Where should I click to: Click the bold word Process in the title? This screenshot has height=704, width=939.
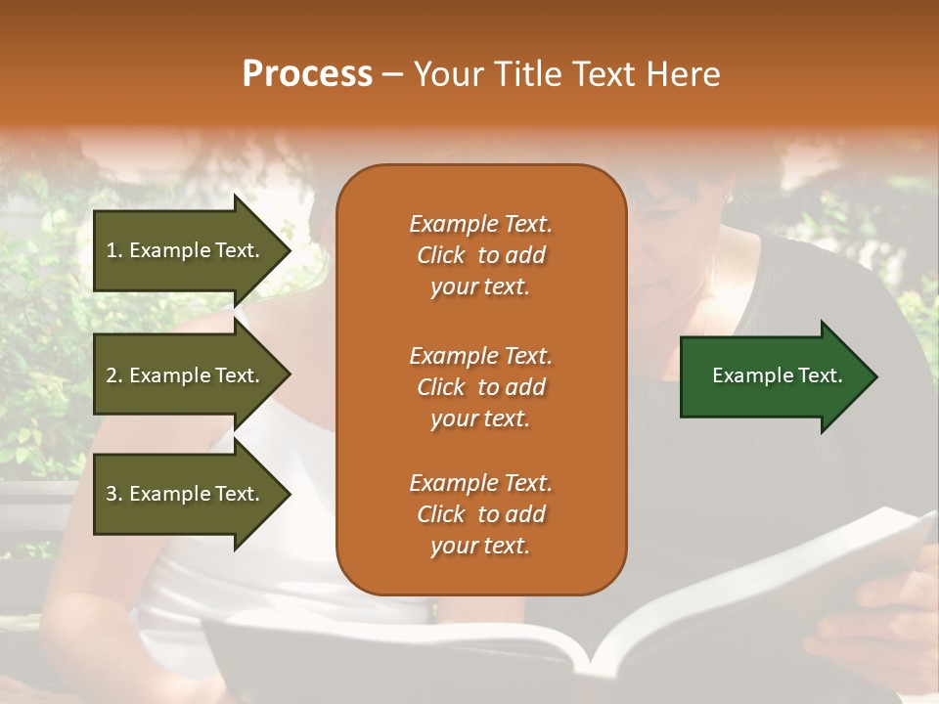(307, 74)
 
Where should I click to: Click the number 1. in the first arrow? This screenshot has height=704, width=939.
(114, 250)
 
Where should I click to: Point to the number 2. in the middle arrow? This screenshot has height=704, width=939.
(114, 375)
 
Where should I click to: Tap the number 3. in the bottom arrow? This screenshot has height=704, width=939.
(114, 494)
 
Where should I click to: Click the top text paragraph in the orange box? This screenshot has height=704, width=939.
(480, 255)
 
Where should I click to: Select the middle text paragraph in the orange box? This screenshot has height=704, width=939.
(480, 387)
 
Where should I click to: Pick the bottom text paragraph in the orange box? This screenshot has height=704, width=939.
(480, 514)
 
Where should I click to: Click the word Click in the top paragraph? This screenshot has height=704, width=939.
(440, 255)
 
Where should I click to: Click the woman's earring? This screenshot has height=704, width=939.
(727, 198)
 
